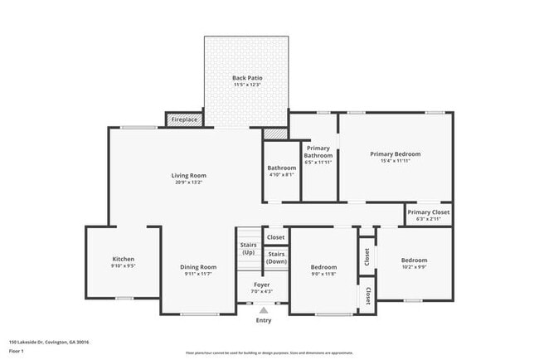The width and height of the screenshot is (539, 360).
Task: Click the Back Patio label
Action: coord(246,78)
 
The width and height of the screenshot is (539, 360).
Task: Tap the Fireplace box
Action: coord(184,120)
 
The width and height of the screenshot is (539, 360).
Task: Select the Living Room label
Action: coord(189,175)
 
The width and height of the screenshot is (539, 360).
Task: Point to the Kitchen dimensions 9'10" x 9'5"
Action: coord(123,267)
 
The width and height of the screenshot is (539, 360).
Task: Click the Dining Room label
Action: coord(198,267)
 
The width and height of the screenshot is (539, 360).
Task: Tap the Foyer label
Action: coord(261,284)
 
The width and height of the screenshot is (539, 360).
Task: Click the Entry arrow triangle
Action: coord(263,310)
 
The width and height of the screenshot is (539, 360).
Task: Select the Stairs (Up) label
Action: coord(248,248)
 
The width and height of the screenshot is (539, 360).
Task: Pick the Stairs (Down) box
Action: coord(276,257)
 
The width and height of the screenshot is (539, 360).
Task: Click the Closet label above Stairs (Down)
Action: coord(275,237)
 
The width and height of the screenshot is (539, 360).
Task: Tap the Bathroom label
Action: coord(281,168)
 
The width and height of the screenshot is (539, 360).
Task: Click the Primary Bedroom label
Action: coord(395,154)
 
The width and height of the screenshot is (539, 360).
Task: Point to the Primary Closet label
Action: coord(429,212)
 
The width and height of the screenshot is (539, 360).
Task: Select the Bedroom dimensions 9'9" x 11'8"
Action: coord(323,274)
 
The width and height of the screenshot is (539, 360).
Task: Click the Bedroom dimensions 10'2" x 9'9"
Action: coord(414,267)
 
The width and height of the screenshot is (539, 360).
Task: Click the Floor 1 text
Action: coord(17,351)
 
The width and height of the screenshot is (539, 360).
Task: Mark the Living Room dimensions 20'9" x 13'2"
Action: coord(189,182)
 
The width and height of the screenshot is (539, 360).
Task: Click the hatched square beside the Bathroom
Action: coord(274,133)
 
